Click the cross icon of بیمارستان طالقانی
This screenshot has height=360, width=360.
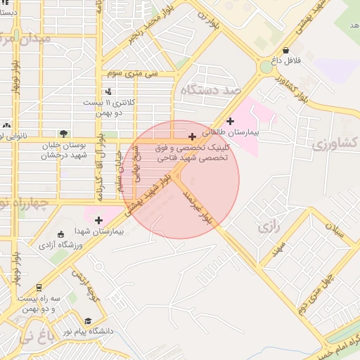point(230,122)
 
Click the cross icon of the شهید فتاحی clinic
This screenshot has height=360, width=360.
point(192,136)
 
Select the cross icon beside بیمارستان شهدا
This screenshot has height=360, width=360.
point(98,220)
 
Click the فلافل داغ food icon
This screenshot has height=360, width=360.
point(286,50)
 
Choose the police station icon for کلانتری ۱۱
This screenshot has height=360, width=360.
point(108,91)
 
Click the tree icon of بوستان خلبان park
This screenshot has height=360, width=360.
point(64,133)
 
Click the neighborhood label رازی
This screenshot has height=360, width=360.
point(264,227)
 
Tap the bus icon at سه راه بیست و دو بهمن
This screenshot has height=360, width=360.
point(38,288)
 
